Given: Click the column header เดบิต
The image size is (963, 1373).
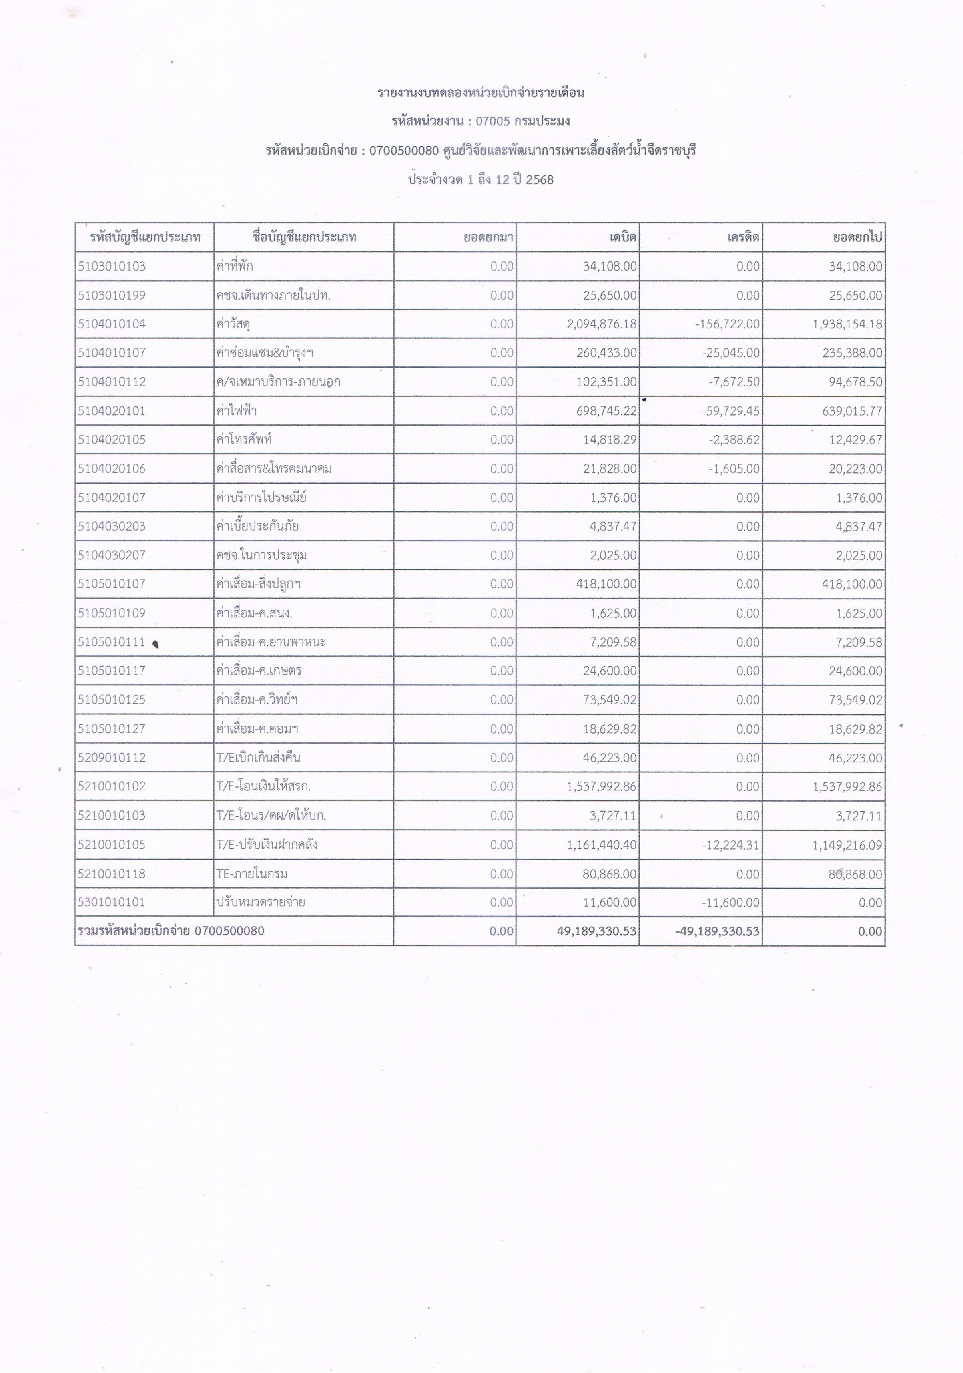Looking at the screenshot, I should (x=623, y=237).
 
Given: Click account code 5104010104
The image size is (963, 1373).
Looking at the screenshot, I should (x=112, y=324).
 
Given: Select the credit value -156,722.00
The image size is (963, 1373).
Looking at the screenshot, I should (x=727, y=324).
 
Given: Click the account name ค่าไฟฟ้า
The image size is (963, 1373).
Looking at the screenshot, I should (x=237, y=411).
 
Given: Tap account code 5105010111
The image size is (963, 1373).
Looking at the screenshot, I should (x=112, y=642).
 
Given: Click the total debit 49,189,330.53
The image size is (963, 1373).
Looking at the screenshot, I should (x=596, y=931).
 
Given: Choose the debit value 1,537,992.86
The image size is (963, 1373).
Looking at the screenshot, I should (x=602, y=786).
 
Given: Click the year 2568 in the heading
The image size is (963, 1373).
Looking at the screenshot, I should (x=540, y=179).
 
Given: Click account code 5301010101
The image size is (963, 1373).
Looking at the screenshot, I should (x=112, y=902).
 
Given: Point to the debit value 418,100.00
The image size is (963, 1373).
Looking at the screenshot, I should (x=606, y=584).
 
